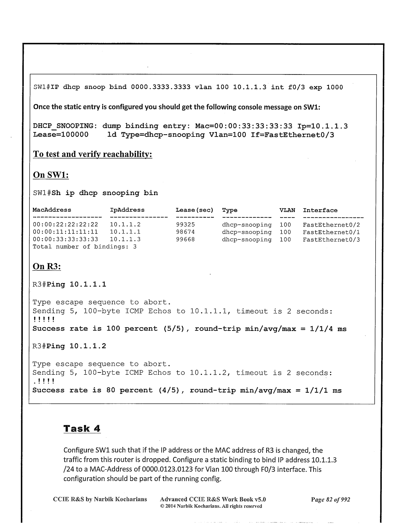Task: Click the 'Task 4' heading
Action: (82, 428)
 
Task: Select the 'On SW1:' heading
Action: (51, 175)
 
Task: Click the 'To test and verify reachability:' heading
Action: (92, 154)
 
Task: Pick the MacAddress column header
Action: (52, 210)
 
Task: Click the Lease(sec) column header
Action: (194, 210)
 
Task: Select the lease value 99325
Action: (185, 225)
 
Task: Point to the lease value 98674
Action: (185, 232)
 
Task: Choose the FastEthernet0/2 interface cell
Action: (331, 225)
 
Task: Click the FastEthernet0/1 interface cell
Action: (331, 232)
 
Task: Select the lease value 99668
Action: (185, 239)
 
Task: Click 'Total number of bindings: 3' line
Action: (85, 247)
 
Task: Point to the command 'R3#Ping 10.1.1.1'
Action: (69, 285)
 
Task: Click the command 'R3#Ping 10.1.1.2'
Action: (69, 346)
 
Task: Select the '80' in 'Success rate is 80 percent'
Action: (111, 390)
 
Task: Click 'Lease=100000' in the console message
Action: (61, 135)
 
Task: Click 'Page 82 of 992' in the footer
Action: (330, 499)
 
